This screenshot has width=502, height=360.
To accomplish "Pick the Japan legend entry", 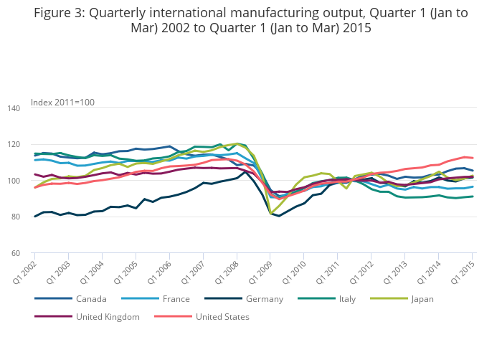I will tap(422, 299).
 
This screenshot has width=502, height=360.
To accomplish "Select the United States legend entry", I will tap(222, 316).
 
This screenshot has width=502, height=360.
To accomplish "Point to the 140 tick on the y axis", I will tap(14, 108).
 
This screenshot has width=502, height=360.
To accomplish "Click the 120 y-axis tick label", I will tap(14, 145).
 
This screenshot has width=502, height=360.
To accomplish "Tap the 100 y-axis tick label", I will tap(14, 181).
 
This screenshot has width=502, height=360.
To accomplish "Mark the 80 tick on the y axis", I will tap(16, 217).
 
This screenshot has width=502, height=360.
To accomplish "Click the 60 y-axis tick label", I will tap(16, 253).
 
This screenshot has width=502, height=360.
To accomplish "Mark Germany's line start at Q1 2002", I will tap(34, 217).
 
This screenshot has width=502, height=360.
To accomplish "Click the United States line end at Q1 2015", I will tap(473, 158).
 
